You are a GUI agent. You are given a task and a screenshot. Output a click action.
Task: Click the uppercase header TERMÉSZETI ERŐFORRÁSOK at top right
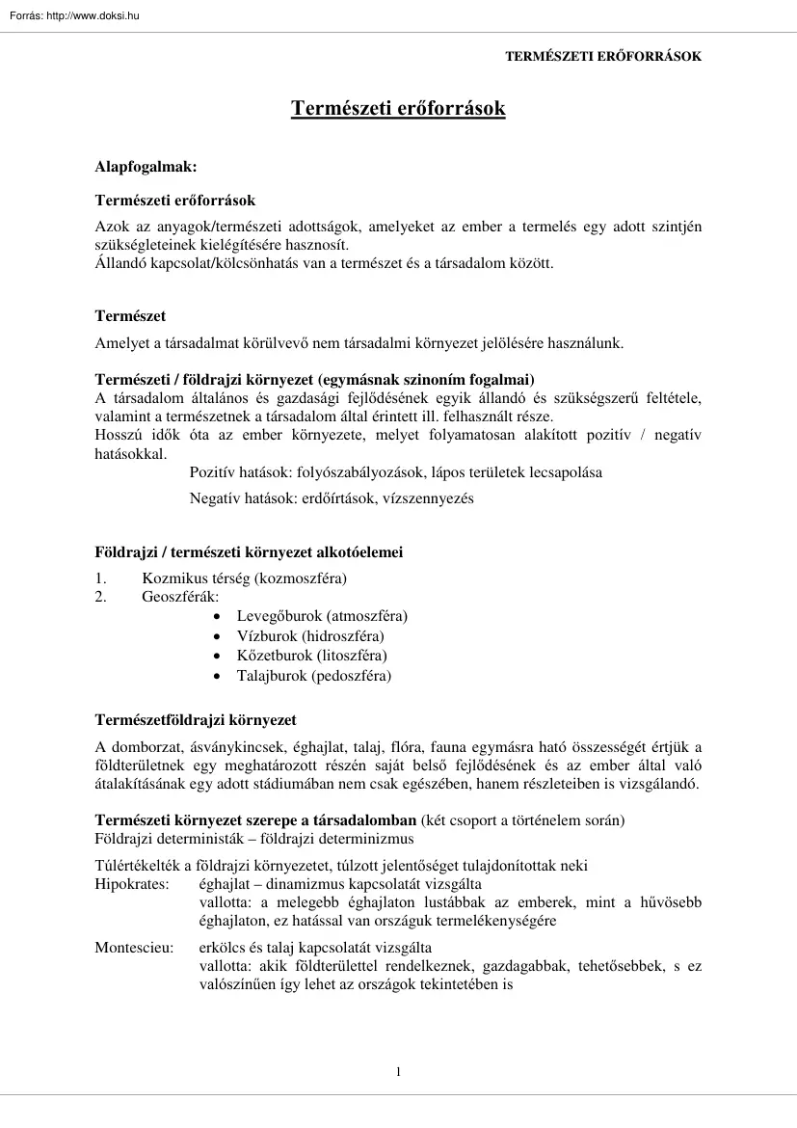pos(603,57)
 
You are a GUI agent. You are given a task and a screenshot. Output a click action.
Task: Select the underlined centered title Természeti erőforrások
pos(398,109)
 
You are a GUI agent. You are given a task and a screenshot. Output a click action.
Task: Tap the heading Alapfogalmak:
pos(146,167)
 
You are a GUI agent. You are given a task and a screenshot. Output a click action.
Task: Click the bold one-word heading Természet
pos(130,316)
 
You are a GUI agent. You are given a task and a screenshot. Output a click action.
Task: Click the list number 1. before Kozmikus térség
pos(100,578)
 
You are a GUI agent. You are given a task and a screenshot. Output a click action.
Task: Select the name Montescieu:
pos(134,948)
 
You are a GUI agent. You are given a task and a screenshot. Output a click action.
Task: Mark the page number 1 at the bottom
pos(398,1072)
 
